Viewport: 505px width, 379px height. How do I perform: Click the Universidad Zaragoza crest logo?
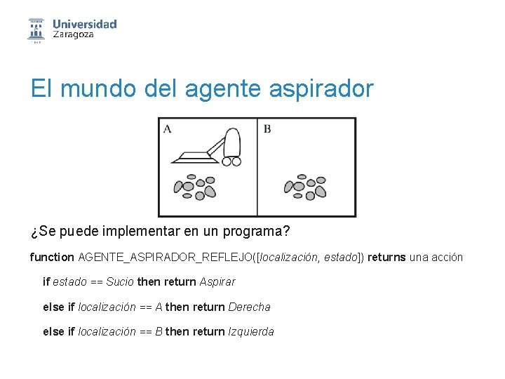pos(36,29)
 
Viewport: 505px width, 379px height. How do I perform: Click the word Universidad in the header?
pos(84,24)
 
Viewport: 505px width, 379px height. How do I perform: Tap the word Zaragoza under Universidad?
pos(73,35)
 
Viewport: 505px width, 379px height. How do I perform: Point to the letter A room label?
pos(167,128)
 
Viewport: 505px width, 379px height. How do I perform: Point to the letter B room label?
pos(267,128)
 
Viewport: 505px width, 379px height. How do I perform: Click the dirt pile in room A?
pos(194,186)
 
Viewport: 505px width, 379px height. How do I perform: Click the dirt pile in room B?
pos(304,186)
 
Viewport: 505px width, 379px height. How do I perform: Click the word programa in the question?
pos(255,232)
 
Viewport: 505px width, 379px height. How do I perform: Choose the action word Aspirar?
pos(217,281)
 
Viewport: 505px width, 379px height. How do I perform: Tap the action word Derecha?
pos(249,307)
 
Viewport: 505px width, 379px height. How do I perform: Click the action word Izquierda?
pos(251,331)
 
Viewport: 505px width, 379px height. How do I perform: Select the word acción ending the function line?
pos(447,257)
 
